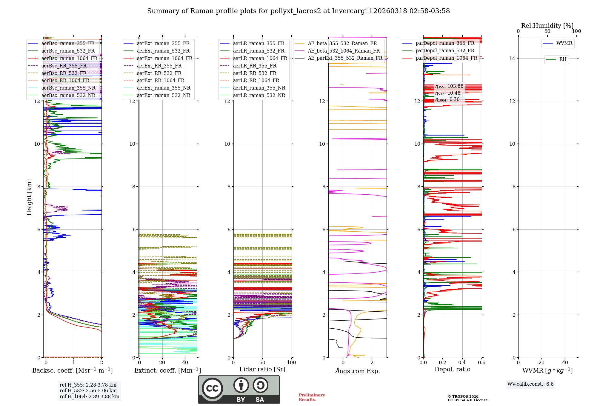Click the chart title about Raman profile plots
point(298,11)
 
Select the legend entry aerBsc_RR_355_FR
point(64,66)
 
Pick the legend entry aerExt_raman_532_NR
point(164,95)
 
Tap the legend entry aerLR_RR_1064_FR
point(256,80)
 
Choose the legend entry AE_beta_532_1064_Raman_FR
point(344,51)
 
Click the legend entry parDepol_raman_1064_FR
point(446,58)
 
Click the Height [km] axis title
point(29,197)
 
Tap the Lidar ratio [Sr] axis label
point(262,369)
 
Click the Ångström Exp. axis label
point(358,371)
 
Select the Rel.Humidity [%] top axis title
point(547,26)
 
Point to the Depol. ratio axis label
point(452,369)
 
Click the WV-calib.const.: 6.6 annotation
point(530,384)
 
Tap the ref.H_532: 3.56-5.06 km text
point(88,390)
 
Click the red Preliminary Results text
point(312,397)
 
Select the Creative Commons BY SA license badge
point(239,390)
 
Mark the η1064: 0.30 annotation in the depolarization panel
point(447,99)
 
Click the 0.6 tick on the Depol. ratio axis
point(481,363)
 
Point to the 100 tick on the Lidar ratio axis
point(291,363)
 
